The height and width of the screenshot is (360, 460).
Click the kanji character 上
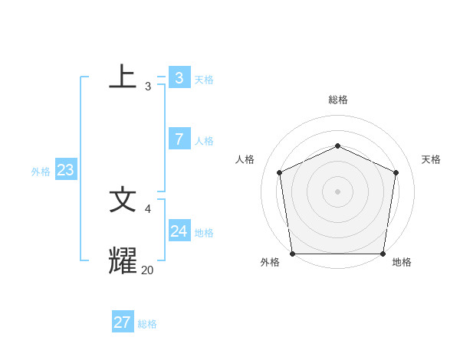[123, 77]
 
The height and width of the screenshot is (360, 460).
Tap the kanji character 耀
[123, 260]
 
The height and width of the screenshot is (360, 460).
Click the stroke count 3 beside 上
[148, 87]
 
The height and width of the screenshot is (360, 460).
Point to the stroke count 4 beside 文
[148, 208]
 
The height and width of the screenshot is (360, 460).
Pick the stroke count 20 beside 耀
[147, 270]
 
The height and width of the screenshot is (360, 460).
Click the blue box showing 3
[179, 77]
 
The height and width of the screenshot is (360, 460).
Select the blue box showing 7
[179, 139]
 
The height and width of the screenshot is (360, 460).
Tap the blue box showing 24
[179, 231]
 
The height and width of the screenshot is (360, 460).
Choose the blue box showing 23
[65, 170]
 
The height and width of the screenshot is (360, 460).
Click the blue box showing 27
[122, 322]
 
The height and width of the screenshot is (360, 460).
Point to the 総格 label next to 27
[147, 324]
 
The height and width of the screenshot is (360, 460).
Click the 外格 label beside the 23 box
[41, 172]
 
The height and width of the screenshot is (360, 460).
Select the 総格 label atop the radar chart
[337, 100]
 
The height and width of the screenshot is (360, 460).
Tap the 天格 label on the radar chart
[431, 159]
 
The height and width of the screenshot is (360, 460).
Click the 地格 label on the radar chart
[402, 262]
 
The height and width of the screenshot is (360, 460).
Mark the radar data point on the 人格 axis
[280, 172]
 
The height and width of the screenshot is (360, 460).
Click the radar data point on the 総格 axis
[337, 146]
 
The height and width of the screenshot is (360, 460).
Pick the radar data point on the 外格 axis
[292, 254]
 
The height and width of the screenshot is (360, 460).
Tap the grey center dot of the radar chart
[337, 191]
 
